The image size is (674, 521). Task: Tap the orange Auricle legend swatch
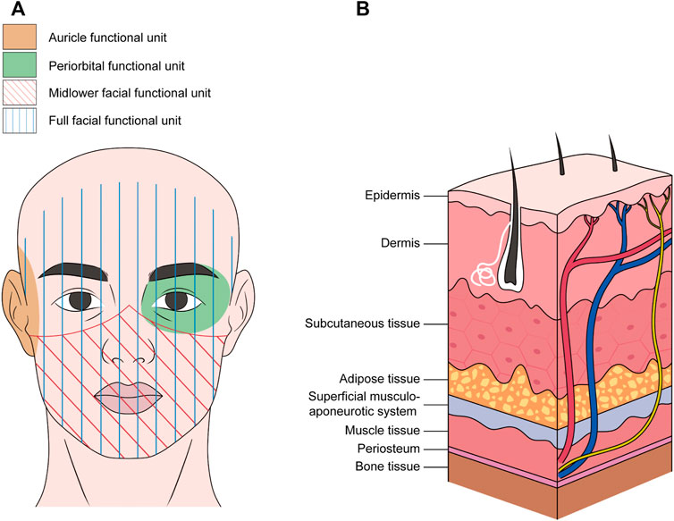point(20,38)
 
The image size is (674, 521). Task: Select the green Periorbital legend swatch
point(20,64)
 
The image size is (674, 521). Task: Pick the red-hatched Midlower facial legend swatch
point(20,93)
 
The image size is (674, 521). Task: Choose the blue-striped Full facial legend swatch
point(20,120)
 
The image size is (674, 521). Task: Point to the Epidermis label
point(393,194)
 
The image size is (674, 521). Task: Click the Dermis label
point(401,241)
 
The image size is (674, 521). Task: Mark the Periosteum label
point(391,449)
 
